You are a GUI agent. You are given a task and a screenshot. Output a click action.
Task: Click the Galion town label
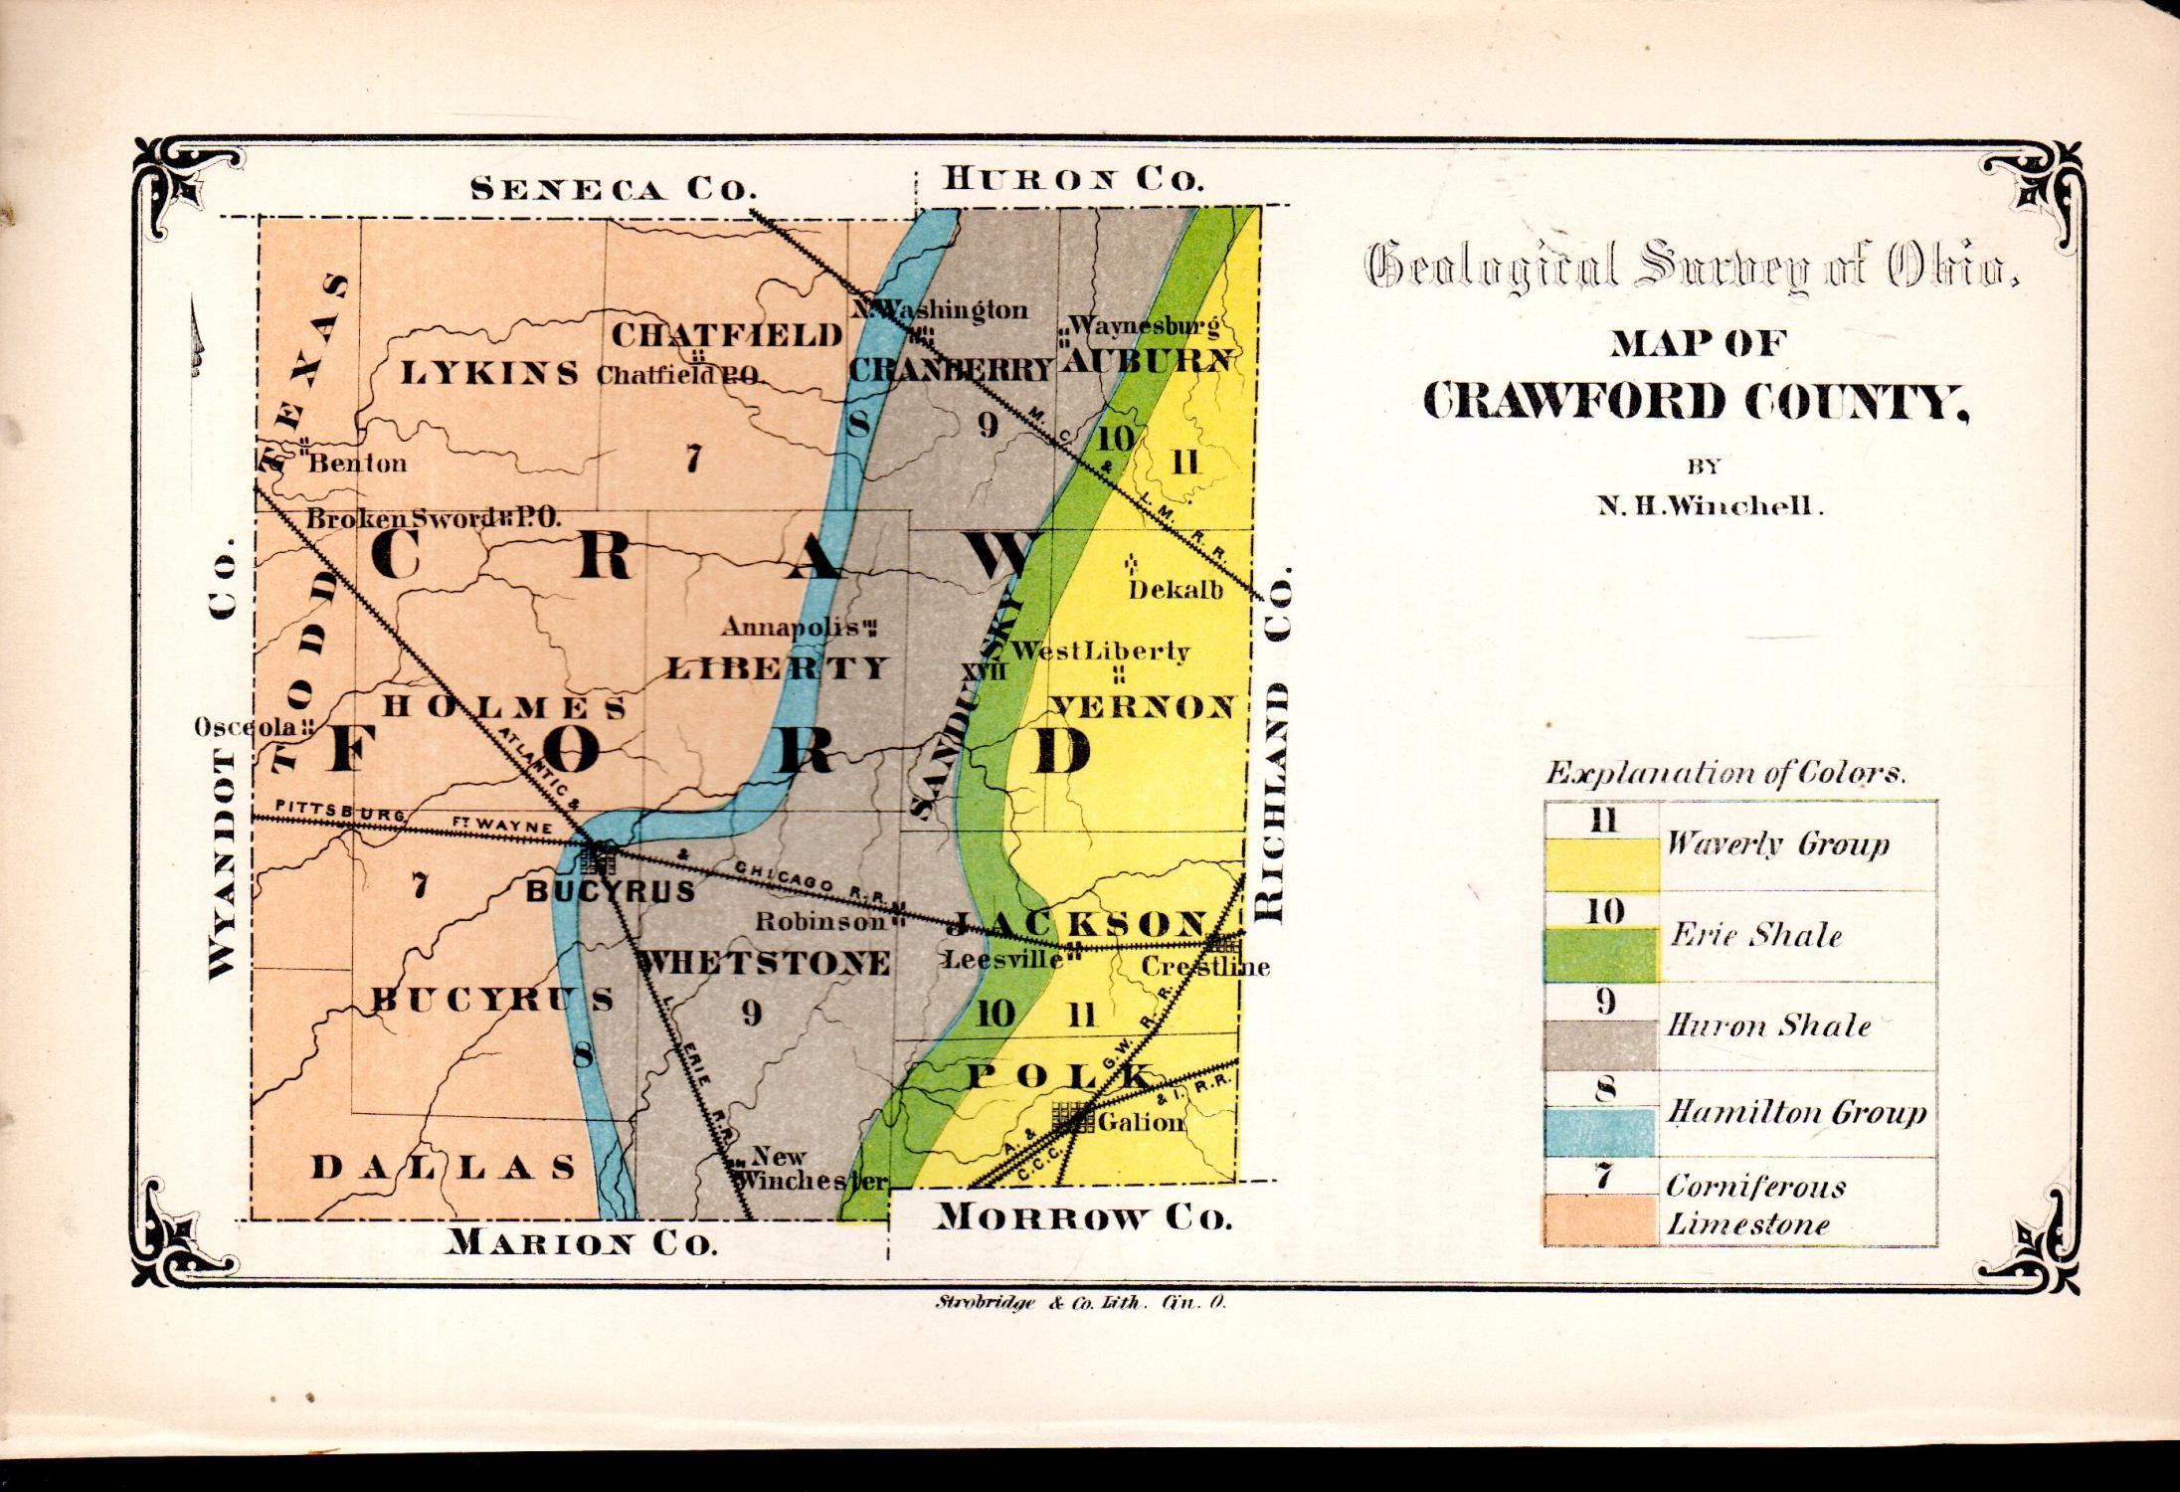(1142, 1123)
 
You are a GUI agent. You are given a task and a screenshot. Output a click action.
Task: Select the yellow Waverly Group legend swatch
(1600, 863)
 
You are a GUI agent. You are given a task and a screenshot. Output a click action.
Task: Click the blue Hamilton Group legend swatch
(1600, 1133)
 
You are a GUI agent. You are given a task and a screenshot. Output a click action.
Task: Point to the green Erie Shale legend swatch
(1600, 955)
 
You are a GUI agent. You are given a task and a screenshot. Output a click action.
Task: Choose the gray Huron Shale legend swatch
(1600, 1043)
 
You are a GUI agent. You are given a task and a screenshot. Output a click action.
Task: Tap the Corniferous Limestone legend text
(1754, 1206)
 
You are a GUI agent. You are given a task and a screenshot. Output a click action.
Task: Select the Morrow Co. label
(1083, 1217)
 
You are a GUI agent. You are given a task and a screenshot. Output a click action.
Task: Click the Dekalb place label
(1176, 589)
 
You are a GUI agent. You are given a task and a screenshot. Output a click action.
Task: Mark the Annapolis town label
(791, 628)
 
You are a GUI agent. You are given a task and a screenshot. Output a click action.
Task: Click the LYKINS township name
(489, 374)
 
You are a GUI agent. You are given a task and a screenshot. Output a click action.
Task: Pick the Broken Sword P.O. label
(433, 518)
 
